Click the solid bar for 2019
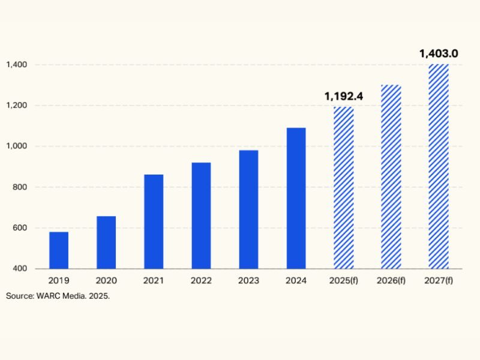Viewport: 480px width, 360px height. (x=59, y=250)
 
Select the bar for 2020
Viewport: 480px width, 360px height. (x=106, y=242)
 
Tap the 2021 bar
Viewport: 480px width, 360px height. (x=154, y=221)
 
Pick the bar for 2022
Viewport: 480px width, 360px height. (x=201, y=215)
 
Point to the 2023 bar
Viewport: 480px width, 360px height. (x=248, y=209)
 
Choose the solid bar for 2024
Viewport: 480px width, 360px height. (x=296, y=198)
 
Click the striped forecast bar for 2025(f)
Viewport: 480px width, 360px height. (x=344, y=188)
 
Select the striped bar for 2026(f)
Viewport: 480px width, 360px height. (x=391, y=176)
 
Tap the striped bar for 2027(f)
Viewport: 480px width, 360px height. (x=439, y=166)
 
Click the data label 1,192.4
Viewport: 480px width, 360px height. (x=344, y=96)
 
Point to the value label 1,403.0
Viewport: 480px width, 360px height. (x=439, y=53)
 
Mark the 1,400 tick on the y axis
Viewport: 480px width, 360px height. (x=16, y=65)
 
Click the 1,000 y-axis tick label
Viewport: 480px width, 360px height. (x=16, y=146)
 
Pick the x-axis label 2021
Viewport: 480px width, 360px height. (x=154, y=281)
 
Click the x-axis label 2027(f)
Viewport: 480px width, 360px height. (x=439, y=281)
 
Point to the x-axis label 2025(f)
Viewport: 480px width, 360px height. (x=344, y=281)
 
